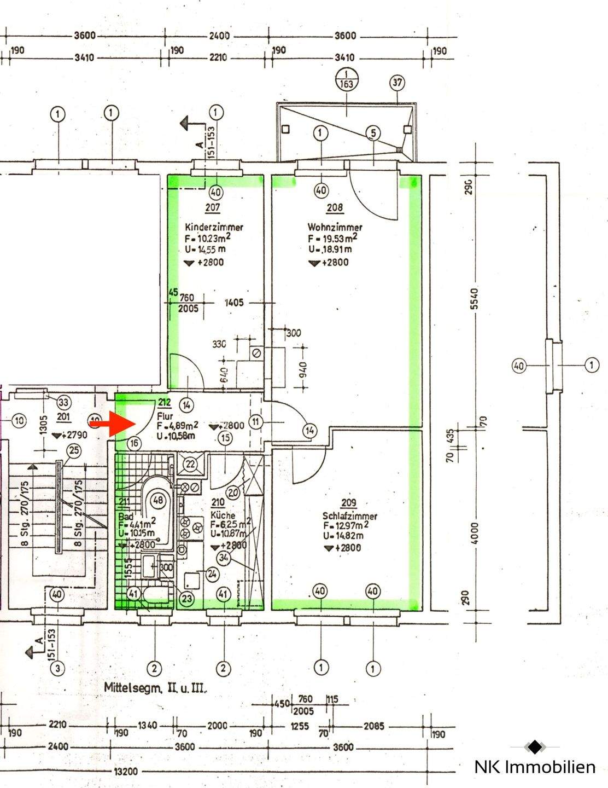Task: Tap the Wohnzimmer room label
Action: (335, 227)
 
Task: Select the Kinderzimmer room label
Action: (214, 227)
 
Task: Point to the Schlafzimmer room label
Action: (349, 515)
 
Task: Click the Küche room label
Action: (223, 515)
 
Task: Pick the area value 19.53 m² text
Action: (333, 238)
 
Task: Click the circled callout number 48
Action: (159, 500)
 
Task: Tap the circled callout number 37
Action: (397, 83)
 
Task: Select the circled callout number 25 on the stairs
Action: (73, 451)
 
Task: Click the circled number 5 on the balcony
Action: (373, 132)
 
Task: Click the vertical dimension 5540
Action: (474, 299)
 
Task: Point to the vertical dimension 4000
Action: (474, 532)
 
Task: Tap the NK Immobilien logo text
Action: (534, 767)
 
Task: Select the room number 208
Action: (335, 208)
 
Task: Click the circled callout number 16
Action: (135, 443)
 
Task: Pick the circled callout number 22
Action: (190, 464)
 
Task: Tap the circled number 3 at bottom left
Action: (56, 668)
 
